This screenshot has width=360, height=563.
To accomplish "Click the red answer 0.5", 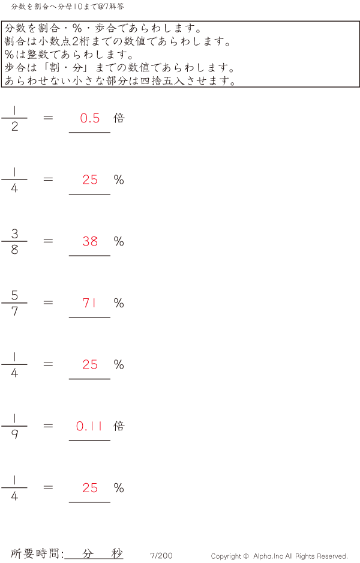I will (x=90, y=118).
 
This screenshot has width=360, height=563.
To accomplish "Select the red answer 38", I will (x=90, y=241).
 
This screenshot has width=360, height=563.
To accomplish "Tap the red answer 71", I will (x=89, y=303).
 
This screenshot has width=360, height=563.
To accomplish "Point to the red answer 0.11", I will (x=89, y=426).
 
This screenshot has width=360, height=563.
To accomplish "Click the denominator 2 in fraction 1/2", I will (x=14, y=127).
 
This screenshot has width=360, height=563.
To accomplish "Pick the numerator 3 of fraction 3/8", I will (x=14, y=233).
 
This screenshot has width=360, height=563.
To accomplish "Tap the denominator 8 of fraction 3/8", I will (x=14, y=250).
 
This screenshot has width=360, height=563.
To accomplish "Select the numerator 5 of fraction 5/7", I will (x=14, y=295).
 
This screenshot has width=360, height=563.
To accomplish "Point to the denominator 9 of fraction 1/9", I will (x=14, y=435).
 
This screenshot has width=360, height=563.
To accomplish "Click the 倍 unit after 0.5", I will (x=119, y=118).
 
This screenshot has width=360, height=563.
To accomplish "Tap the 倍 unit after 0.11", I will (x=119, y=426).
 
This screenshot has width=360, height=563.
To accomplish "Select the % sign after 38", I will (x=119, y=241).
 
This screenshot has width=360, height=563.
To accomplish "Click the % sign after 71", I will (x=119, y=303).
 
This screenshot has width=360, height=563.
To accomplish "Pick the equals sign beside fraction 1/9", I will (x=49, y=426).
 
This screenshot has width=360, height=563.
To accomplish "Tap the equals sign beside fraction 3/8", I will (x=49, y=241).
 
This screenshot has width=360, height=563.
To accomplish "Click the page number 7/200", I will (x=161, y=556).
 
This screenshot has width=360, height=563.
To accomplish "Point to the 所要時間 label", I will (x=37, y=554).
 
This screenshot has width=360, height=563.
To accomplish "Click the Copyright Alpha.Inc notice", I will (x=279, y=556).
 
